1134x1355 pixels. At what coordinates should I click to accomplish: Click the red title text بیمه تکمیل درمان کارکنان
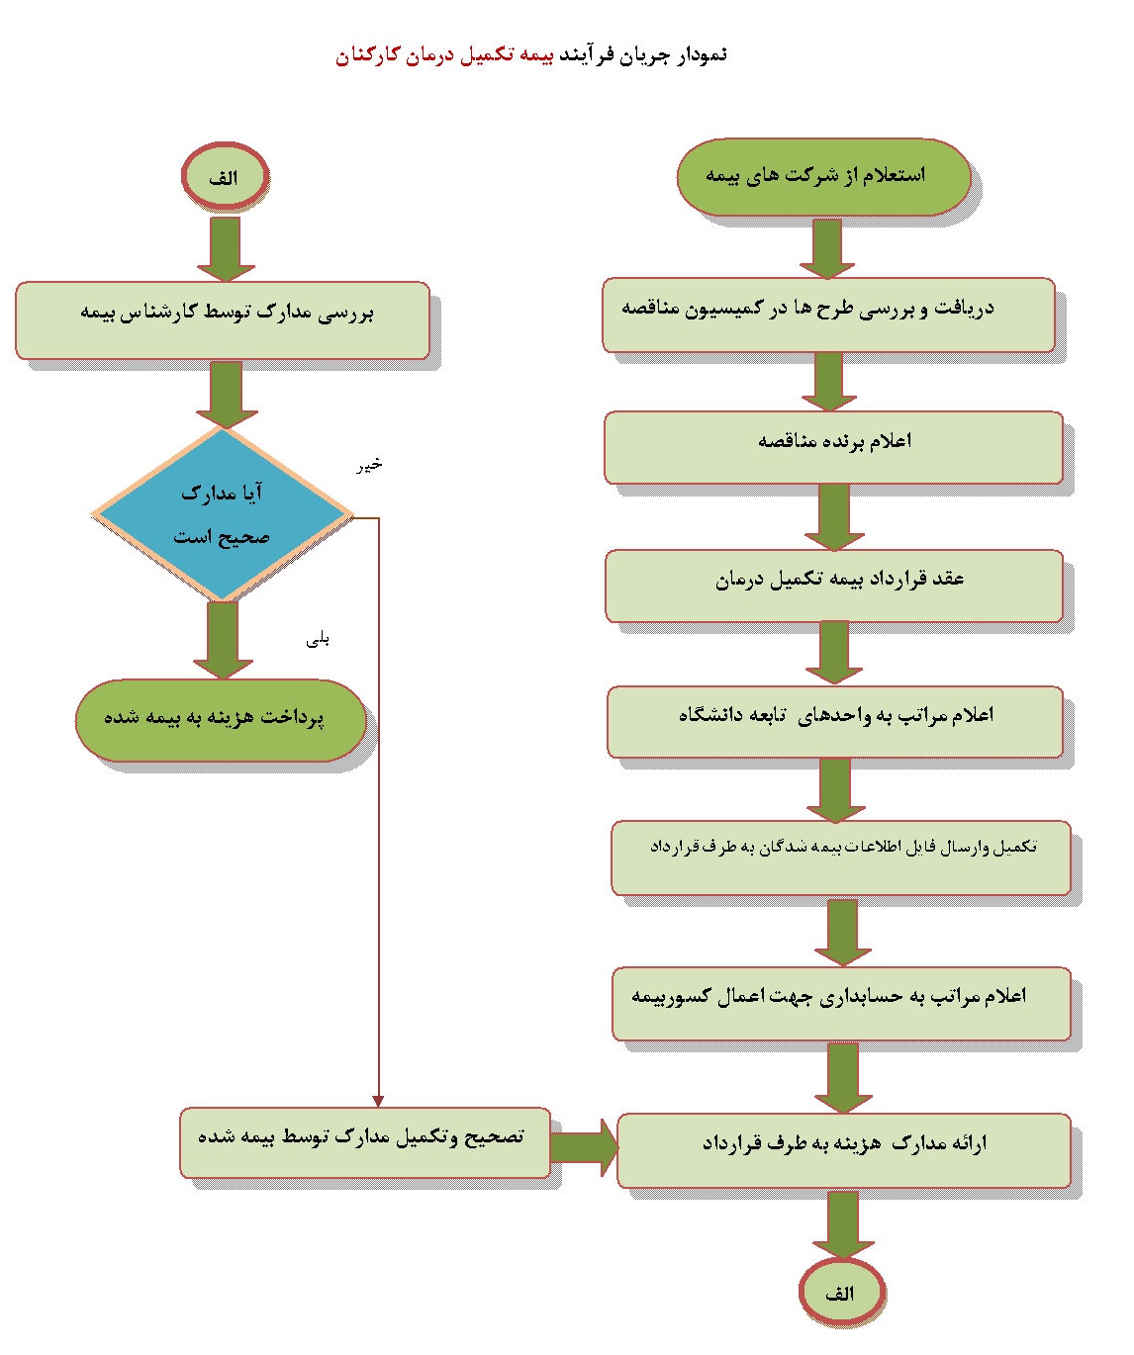tap(444, 55)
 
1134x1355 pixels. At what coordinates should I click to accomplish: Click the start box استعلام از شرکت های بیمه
tap(823, 176)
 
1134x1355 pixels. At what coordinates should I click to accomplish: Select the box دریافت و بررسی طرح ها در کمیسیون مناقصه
tap(828, 315)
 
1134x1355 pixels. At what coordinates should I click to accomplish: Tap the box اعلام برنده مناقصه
tap(833, 448)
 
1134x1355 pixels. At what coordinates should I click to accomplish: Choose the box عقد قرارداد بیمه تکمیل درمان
tap(834, 586)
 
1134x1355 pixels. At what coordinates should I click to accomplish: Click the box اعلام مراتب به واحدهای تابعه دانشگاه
tap(834, 722)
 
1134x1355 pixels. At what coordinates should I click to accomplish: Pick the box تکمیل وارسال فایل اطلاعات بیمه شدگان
tap(840, 858)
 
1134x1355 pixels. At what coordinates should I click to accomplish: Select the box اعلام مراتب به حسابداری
tap(841, 1003)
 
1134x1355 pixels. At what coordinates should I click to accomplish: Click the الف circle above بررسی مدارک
tap(225, 176)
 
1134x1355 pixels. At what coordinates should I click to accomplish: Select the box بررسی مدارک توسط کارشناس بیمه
tap(222, 319)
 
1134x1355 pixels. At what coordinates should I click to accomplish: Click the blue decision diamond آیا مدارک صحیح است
tap(222, 514)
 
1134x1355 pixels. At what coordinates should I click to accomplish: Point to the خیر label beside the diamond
tap(369, 465)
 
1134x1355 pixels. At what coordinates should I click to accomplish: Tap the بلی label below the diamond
tap(318, 641)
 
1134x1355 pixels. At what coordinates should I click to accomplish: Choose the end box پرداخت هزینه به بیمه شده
tap(221, 720)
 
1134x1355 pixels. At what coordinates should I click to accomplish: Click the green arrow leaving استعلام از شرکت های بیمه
tap(827, 248)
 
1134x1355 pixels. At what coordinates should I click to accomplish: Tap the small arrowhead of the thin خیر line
tap(378, 1101)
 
